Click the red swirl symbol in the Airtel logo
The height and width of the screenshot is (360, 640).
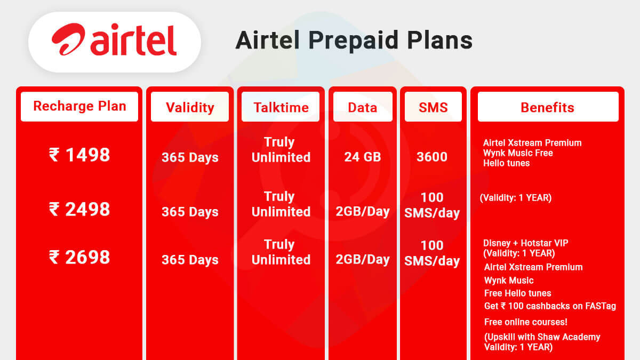click(x=68, y=41)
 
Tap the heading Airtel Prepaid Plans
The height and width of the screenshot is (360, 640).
click(x=354, y=41)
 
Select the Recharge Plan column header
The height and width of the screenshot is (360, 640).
click(x=79, y=106)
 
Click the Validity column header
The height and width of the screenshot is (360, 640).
click(x=190, y=107)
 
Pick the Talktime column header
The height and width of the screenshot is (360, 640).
click(x=281, y=107)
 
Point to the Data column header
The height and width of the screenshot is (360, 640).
click(x=363, y=107)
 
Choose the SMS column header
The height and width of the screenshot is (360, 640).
click(x=433, y=107)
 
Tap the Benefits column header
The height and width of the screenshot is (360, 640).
click(x=547, y=107)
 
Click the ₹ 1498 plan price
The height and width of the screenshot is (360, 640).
click(x=79, y=155)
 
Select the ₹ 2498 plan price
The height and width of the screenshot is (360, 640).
click(x=79, y=209)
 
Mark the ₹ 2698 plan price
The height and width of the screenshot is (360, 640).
click(x=79, y=257)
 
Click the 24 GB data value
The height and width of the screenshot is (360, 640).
click(x=363, y=157)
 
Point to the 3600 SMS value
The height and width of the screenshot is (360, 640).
click(x=432, y=157)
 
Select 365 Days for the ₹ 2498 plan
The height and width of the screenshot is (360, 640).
click(x=190, y=212)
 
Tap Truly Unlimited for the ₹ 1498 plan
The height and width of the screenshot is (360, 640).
click(x=281, y=150)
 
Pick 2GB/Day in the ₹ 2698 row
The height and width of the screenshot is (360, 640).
click(x=363, y=260)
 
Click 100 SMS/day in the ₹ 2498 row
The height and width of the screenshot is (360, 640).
click(x=432, y=205)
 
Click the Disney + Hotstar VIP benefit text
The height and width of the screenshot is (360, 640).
click(x=525, y=243)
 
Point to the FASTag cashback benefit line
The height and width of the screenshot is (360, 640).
click(x=550, y=306)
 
